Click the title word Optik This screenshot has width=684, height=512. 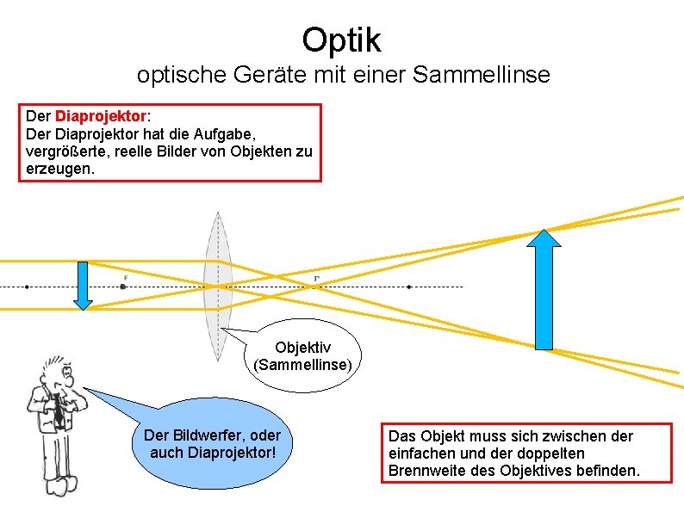click(341, 39)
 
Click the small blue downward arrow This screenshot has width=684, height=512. click(83, 285)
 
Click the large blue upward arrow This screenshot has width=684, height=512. click(544, 289)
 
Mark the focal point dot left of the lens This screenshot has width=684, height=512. click(123, 287)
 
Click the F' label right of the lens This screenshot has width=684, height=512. click(317, 279)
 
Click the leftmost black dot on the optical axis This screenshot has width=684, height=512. click(28, 287)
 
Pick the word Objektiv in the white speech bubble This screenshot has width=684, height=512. click(302, 347)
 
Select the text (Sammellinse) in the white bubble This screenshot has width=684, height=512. click(302, 364)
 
